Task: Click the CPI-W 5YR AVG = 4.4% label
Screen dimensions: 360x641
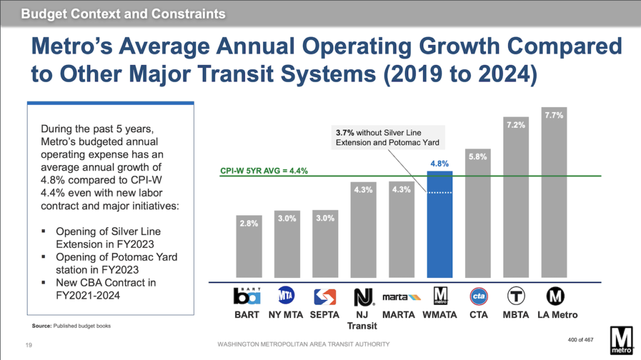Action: point(263,170)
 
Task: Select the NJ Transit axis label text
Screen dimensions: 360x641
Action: point(363,319)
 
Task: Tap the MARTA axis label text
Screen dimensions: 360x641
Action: point(400,314)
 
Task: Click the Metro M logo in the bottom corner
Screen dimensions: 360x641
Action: point(622,338)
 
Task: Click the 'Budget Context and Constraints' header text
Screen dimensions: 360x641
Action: point(123,14)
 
